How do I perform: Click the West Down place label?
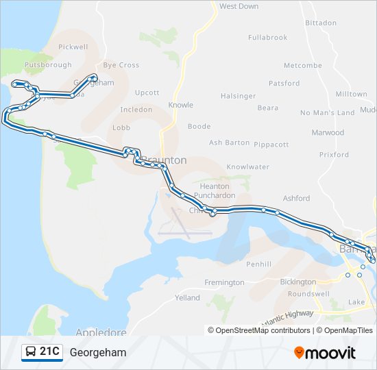pos(239,6)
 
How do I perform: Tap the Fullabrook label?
pos(267,38)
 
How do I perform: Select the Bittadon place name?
pos(321,23)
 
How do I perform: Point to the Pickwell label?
pos(73,47)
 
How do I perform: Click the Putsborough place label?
pos(48,65)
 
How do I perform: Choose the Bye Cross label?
pos(121,65)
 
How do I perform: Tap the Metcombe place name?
pos(302,66)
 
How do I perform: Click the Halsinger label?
pos(239,96)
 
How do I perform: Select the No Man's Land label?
pos(327,112)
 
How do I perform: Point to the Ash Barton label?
pos(229,143)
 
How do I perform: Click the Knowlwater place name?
pos(247,166)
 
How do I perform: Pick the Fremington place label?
pos(224,282)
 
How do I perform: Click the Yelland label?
pos(187,298)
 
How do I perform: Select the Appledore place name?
pos(101,332)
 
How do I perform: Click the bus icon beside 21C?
pos(31,352)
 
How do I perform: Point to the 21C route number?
pos(50,352)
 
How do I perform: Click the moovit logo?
pos(325,353)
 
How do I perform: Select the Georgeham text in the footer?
pos(97,353)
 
